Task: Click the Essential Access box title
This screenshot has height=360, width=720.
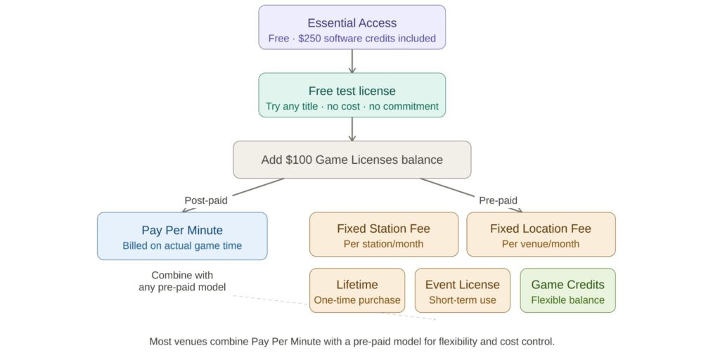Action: coord(352,22)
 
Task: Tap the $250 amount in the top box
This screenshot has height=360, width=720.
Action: coord(311,38)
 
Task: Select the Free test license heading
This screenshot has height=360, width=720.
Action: coord(352,91)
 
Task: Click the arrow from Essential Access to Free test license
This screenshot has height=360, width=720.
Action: coord(352,61)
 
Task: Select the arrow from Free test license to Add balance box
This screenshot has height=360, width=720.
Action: coord(352,129)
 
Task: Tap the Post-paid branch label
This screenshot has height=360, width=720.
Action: coord(205,200)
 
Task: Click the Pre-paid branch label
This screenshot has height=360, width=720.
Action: coord(498,200)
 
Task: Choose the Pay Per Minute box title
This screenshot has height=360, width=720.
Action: coord(182,230)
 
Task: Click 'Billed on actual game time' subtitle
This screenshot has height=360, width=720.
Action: coord(182,245)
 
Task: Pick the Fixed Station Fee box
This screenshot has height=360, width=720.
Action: coord(383,235)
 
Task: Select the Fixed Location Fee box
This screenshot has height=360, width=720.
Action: coord(541,235)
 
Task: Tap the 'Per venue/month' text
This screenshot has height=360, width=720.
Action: coord(541,244)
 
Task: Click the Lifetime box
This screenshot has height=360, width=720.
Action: coord(357,290)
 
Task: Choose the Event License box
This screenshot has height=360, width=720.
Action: coord(462,290)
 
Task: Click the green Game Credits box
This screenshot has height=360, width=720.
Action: coord(567,290)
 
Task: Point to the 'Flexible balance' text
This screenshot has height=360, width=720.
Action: coord(567,300)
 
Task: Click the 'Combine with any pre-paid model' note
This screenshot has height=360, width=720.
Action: coord(182,281)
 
